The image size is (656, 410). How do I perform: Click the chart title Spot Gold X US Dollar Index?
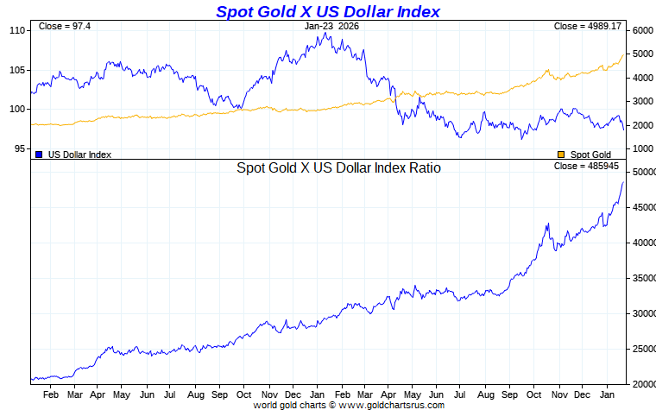pos(328,11)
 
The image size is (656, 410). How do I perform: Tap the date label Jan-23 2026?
pos(331,26)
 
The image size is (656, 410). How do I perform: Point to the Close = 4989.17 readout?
pos(588,26)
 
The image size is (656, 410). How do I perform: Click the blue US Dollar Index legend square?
pos(40,155)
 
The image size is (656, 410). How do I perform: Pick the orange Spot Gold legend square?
pos(562,155)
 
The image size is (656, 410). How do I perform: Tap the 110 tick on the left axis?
pos(16,30)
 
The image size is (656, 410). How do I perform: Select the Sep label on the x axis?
pos(219,394)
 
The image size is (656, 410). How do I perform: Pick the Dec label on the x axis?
pos(294,394)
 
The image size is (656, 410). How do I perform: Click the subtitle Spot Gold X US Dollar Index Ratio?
pos(338,168)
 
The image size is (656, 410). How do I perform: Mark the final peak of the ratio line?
pos(624,182)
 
